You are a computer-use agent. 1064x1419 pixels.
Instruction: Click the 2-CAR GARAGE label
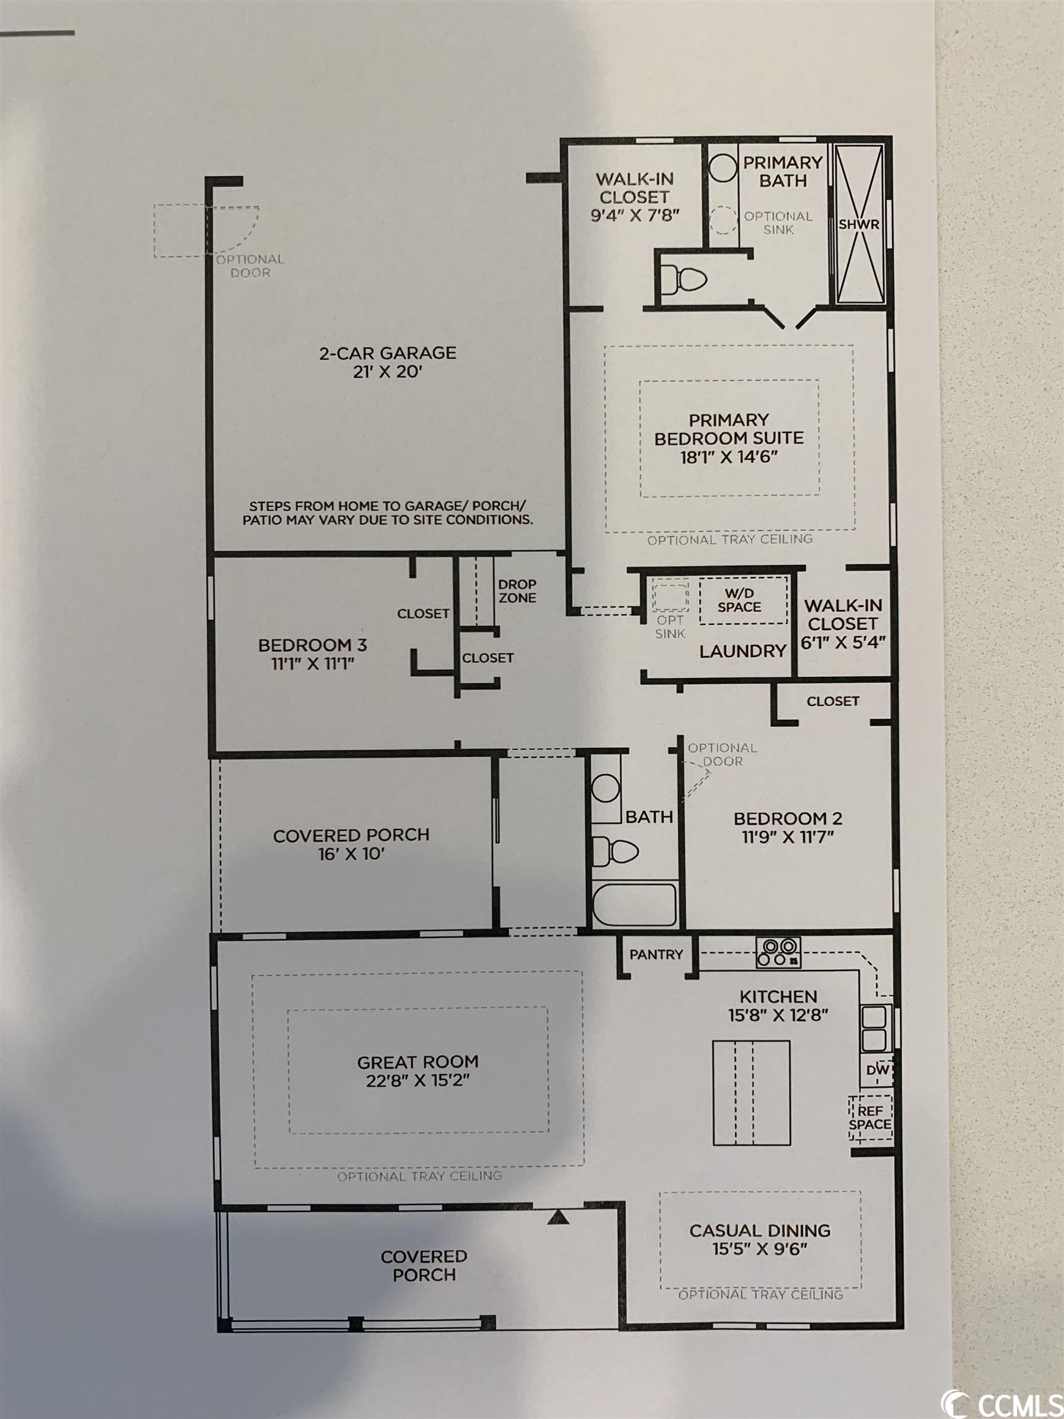pyautogui.click(x=388, y=353)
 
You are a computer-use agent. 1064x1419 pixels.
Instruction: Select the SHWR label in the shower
pyautogui.click(x=859, y=225)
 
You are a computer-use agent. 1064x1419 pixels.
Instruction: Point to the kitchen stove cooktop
pyautogui.click(x=778, y=952)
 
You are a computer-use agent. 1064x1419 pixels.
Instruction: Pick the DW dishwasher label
pyautogui.click(x=877, y=1070)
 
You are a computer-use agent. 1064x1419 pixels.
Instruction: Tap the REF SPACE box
pyautogui.click(x=870, y=1117)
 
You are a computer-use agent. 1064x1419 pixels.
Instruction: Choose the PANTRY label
pyautogui.click(x=656, y=955)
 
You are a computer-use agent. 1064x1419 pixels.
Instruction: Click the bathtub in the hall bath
pyautogui.click(x=634, y=905)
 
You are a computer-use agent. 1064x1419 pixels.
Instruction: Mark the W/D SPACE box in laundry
pyautogui.click(x=743, y=600)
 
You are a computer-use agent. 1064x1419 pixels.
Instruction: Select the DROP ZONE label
pyautogui.click(x=517, y=591)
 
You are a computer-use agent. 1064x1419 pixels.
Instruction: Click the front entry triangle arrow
pyautogui.click(x=558, y=1217)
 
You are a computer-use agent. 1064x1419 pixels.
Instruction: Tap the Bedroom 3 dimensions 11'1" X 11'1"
pyautogui.click(x=312, y=663)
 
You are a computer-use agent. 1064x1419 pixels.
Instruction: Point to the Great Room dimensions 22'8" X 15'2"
pyautogui.click(x=417, y=1081)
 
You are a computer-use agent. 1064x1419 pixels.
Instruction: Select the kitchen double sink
pyautogui.click(x=876, y=1027)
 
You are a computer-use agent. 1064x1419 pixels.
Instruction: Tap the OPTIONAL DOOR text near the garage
pyautogui.click(x=250, y=266)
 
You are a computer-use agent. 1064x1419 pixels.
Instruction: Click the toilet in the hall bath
pyautogui.click(x=615, y=851)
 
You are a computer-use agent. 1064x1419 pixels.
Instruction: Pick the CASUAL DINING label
pyautogui.click(x=760, y=1231)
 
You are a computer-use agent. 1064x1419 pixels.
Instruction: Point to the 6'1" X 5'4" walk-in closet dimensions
pyautogui.click(x=843, y=642)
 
